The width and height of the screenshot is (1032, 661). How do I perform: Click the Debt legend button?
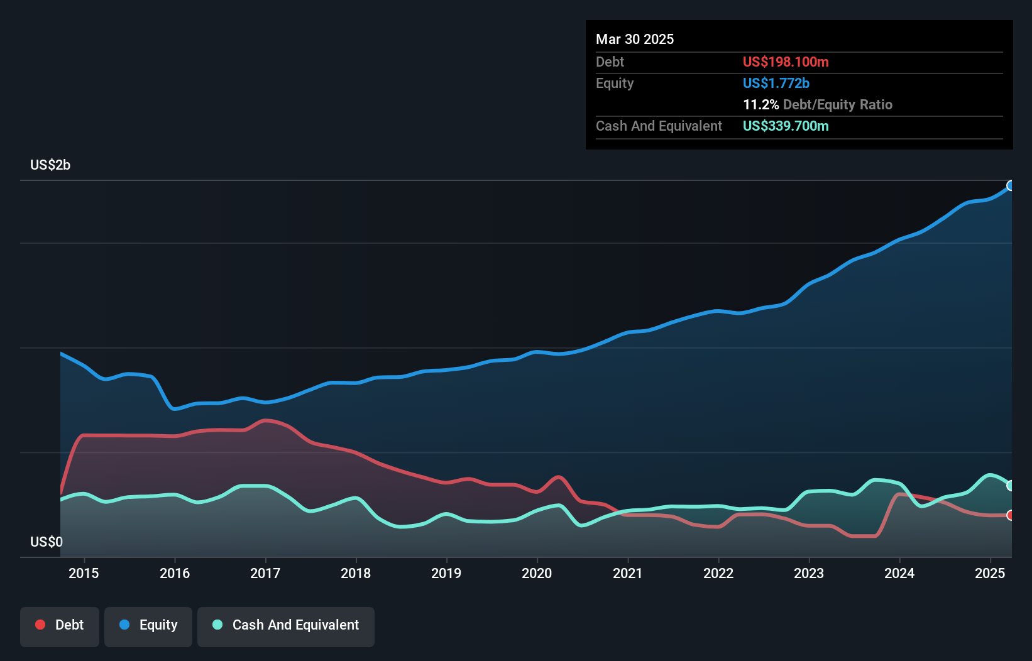coord(60,625)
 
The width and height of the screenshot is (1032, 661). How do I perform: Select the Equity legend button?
coord(148,625)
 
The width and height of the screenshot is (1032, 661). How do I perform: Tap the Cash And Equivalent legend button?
coord(286,625)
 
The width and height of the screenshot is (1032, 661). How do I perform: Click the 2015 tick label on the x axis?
coord(84,573)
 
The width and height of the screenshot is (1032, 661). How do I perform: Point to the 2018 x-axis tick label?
coord(356,573)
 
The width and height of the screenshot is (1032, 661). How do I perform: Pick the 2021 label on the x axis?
coord(628,573)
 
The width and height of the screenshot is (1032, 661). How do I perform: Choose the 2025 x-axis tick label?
coord(990,573)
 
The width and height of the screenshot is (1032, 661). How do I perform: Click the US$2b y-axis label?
coord(50,165)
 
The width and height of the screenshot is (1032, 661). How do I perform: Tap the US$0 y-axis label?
coord(47,542)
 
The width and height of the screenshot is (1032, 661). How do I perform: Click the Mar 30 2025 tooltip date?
coord(635,40)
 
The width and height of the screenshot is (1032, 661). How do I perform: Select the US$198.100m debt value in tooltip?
coord(786,62)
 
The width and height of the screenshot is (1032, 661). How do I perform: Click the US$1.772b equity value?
coord(776,84)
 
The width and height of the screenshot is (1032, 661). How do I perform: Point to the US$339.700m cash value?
coord(786,126)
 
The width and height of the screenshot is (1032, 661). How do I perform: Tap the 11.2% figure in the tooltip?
coord(760,105)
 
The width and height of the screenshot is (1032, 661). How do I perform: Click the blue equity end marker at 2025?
coord(1011,185)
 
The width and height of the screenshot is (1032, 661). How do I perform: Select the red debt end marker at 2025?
coord(1011,515)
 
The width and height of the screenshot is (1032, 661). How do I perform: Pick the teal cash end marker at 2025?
coord(1011,485)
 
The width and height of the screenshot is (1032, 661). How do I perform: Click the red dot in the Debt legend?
coord(40,625)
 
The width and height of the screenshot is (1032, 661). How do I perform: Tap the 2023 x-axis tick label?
coord(809,573)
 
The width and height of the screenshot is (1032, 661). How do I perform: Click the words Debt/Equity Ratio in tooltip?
coord(838,105)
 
